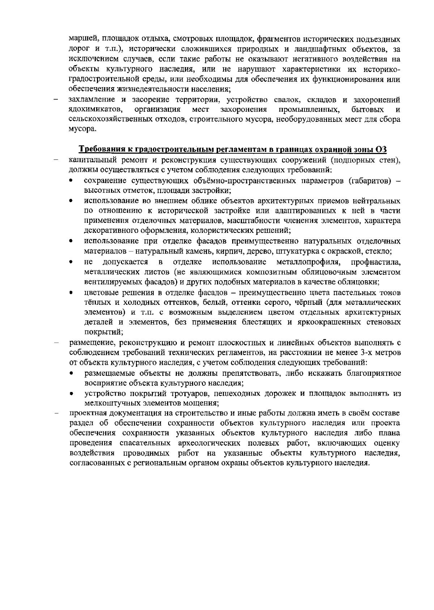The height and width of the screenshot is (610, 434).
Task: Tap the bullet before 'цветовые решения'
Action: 72,293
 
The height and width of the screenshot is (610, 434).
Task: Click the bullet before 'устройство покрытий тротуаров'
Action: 72,393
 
